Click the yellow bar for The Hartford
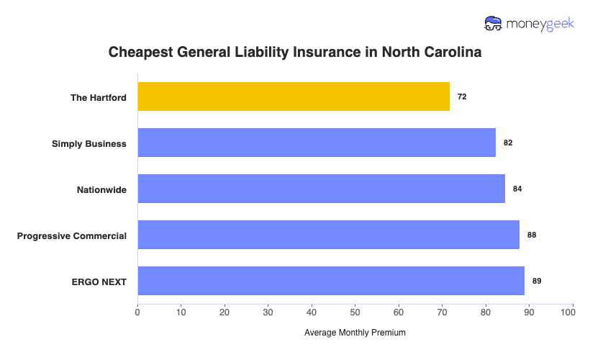294,96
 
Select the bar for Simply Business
317,143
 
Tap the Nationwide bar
321,189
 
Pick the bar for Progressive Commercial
328,235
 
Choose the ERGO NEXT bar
331,281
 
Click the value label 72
462,96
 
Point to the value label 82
508,143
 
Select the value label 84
517,189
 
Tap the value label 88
532,235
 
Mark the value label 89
537,281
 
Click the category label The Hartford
98,97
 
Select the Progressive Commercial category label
72,235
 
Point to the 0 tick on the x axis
137,312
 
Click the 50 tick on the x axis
355,312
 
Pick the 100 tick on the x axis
573,312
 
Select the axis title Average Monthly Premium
355,333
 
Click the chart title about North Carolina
294,53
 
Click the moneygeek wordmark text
539,24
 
